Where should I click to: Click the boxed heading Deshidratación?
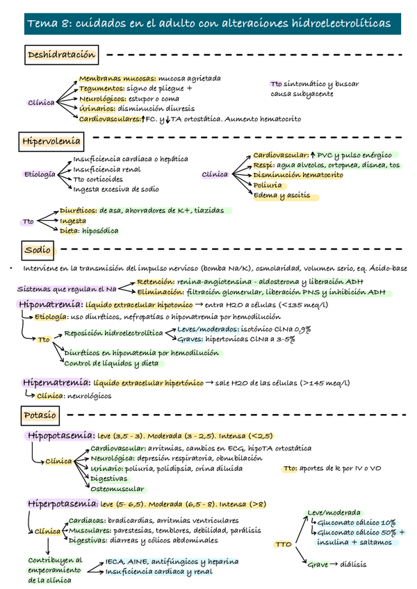[60, 55]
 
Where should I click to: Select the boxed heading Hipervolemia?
[52, 142]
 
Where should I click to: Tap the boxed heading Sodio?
[38, 249]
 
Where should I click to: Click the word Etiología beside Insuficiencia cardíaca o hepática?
[39, 174]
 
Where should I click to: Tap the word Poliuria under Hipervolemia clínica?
[268, 186]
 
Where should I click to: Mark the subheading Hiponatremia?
[54, 305]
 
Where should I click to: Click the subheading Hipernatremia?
[57, 382]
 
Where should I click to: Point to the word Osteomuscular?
[117, 489]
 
